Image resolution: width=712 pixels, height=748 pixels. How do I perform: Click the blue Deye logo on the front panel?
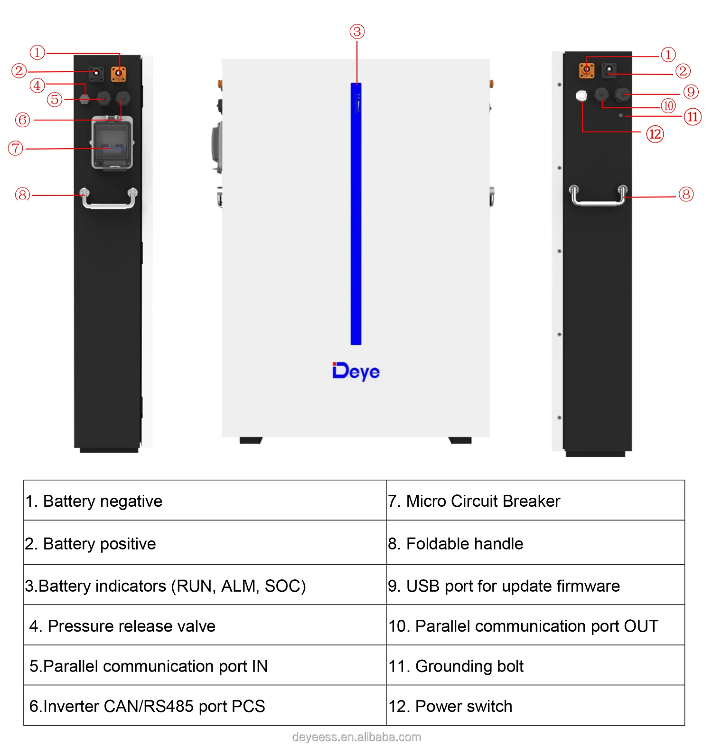pyautogui.click(x=356, y=371)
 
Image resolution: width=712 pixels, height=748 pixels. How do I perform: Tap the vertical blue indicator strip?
pyautogui.click(x=356, y=214)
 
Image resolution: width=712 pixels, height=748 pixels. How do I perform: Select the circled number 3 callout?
pyautogui.click(x=357, y=32)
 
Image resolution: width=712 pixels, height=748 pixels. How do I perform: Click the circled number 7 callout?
pyautogui.click(x=16, y=148)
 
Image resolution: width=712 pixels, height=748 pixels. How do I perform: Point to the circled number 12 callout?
pyautogui.click(x=655, y=134)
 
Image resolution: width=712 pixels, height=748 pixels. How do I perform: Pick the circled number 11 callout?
pyautogui.click(x=693, y=117)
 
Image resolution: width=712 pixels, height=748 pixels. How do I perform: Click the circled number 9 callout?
pyautogui.click(x=691, y=92)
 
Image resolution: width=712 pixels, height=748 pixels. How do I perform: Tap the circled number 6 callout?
pyautogui.click(x=22, y=120)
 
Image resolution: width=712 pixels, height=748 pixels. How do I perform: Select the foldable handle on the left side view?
pyautogui.click(x=109, y=199)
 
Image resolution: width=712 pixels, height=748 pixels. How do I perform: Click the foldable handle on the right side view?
pyautogui.click(x=598, y=197)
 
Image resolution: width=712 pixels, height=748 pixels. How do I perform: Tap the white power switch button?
pyautogui.click(x=581, y=96)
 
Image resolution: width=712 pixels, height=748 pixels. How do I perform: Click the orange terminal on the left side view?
pyautogui.click(x=118, y=74)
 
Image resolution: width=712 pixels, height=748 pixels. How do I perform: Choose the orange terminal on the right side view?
pyautogui.click(x=587, y=70)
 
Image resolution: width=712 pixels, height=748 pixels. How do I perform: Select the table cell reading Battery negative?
pyautogui.click(x=205, y=501)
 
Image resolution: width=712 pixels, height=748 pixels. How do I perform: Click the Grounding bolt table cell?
pyautogui.click(x=535, y=665)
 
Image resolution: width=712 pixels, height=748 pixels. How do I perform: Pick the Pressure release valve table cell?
pyautogui.click(x=205, y=625)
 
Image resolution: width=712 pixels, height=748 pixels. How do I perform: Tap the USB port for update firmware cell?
pyautogui.click(x=535, y=585)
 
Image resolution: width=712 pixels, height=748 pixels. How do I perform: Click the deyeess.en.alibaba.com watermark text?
pyautogui.click(x=356, y=737)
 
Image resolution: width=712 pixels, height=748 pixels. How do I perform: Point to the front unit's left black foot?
pyautogui.click(x=251, y=440)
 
